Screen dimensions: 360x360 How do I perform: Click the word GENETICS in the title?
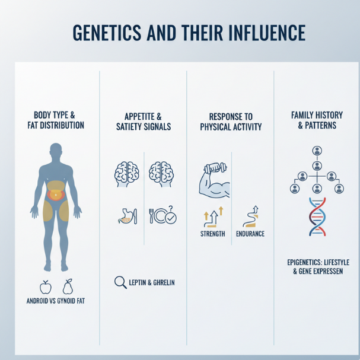(107, 33)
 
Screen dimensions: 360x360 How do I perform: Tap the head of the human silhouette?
(56, 151)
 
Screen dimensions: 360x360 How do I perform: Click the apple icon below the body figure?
(46, 287)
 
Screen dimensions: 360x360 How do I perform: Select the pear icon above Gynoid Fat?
(68, 287)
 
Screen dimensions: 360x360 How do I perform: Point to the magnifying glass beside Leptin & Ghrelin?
(120, 282)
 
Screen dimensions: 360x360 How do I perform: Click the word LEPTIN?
(137, 282)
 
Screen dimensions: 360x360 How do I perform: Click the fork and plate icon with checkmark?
(163, 215)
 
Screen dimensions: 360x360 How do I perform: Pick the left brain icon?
(127, 174)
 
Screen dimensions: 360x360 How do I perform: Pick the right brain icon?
(161, 174)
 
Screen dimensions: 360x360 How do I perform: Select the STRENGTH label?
(212, 234)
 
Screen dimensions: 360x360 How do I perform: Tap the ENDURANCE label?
(250, 234)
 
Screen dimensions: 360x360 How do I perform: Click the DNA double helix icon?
(317, 216)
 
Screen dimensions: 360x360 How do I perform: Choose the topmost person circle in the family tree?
(317, 151)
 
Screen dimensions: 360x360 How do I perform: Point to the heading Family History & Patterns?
(317, 120)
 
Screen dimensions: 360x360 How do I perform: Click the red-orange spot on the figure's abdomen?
(56, 195)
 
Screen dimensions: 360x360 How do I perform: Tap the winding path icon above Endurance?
(251, 216)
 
